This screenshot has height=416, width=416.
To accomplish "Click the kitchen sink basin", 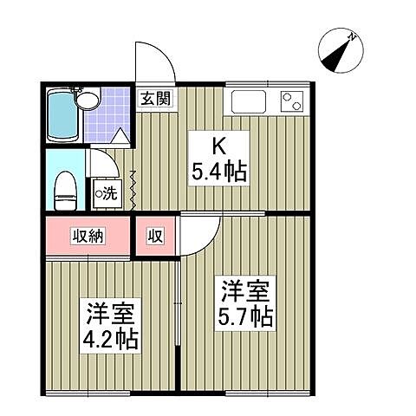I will (x=250, y=104).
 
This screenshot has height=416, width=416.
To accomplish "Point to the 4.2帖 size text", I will (x=111, y=336).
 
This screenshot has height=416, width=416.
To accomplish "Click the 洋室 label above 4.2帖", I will (x=111, y=310).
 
